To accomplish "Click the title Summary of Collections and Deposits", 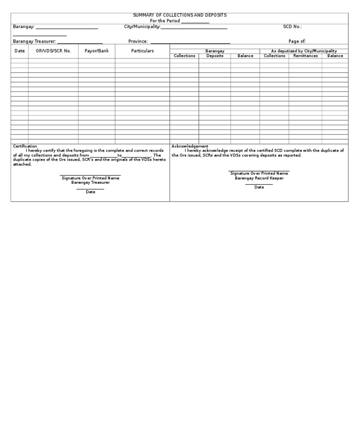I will (180, 15).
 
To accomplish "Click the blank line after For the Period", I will (195, 22).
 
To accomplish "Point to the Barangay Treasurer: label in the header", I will (34, 42).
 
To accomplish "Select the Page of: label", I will (297, 42).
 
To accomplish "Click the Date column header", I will (20, 51).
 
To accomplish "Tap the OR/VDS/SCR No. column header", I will (53, 51).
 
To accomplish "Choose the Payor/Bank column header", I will (97, 51).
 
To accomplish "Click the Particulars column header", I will (142, 51).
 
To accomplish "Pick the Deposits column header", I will (215, 56).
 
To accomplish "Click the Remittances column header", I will (305, 56).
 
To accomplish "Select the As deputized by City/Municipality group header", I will (304, 51).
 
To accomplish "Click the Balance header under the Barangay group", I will (245, 56).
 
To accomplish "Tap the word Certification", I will (25, 146).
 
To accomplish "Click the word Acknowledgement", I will (190, 146).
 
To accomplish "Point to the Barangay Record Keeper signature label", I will (259, 178).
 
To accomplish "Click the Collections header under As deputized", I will (274, 56).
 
